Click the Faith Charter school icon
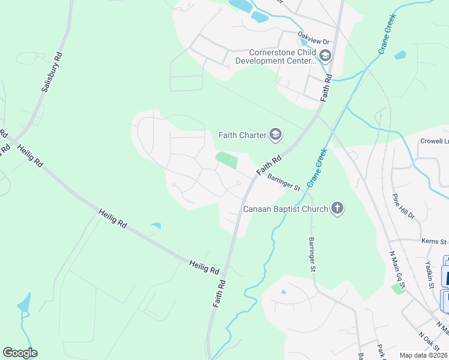[x=276, y=135]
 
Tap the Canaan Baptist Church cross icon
[x=338, y=209]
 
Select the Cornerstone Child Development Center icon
[x=325, y=56]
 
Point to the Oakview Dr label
[x=315, y=41]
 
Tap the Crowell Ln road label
[x=434, y=142]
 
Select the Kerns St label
[x=434, y=242]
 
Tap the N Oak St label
[x=430, y=343]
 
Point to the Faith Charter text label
[x=242, y=135]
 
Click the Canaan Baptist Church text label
[x=286, y=209]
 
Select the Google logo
[x=20, y=353]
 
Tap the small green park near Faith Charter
[x=226, y=160]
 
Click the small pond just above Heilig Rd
[x=156, y=226]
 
